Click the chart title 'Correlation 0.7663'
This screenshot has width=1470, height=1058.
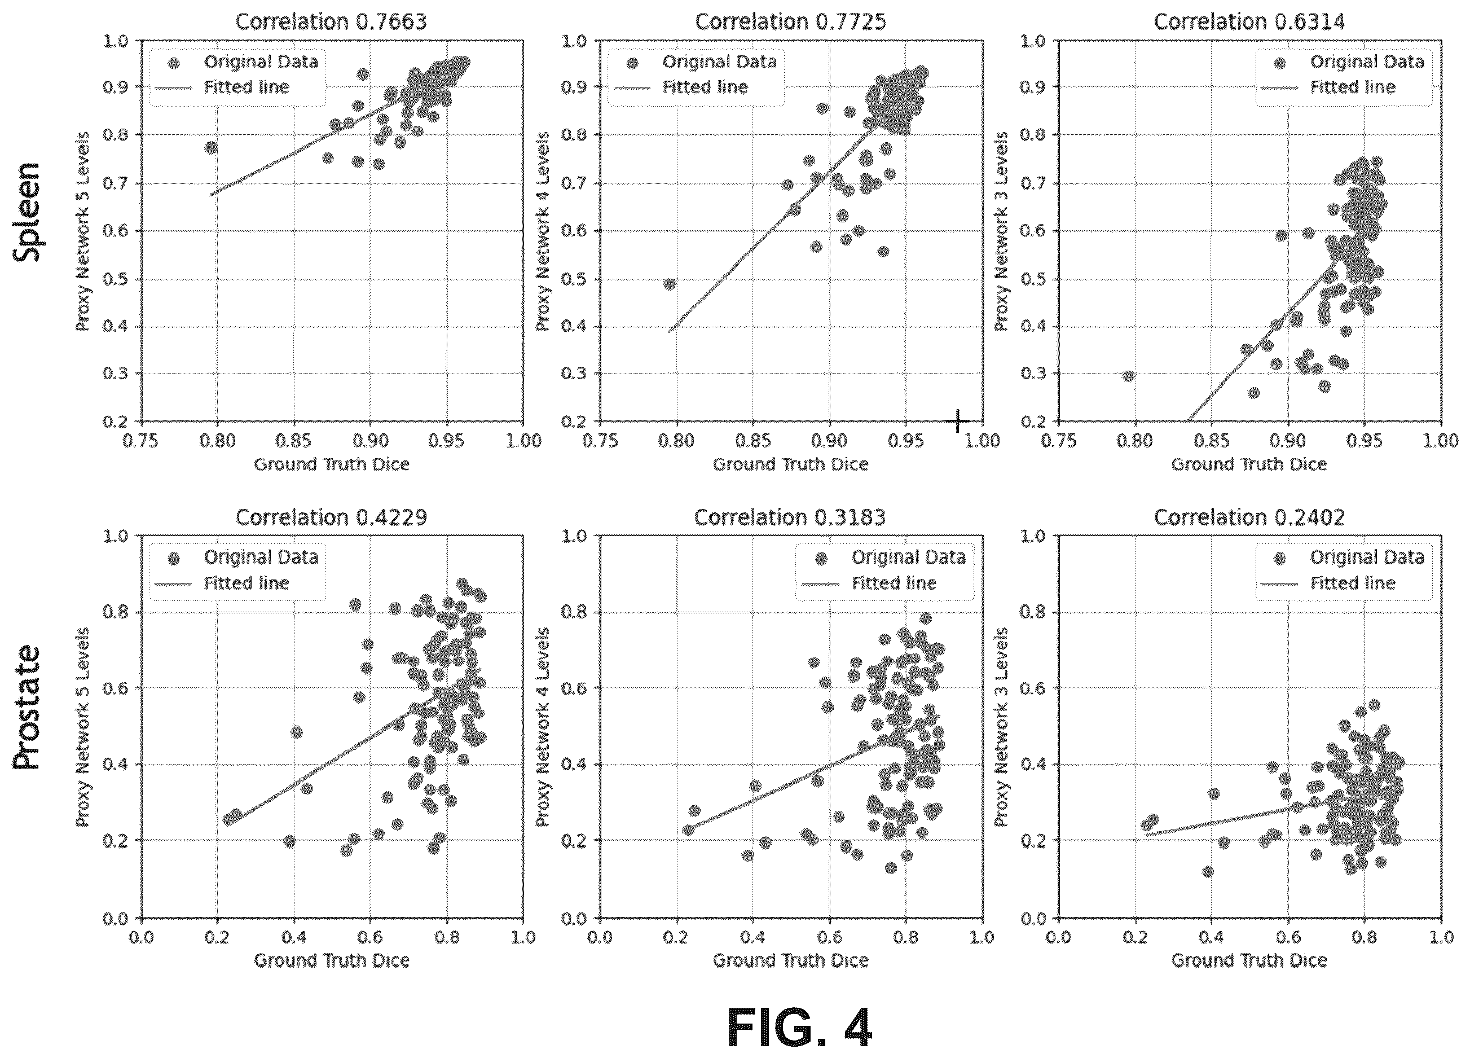[x=331, y=21]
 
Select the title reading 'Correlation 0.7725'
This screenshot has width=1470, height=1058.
[x=790, y=21]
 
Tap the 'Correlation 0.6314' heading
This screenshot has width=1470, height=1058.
[x=1249, y=21]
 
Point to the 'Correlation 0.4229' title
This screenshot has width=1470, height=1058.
[x=331, y=517]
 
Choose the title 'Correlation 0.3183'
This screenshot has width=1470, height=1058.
[x=790, y=517]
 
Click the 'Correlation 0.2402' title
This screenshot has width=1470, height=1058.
[x=1249, y=517]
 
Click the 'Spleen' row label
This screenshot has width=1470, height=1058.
[x=27, y=212]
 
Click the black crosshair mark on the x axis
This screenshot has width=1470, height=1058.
[x=958, y=422]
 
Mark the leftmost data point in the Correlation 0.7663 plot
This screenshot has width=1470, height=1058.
[x=210, y=147]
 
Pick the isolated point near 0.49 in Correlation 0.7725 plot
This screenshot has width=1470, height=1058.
[x=670, y=284]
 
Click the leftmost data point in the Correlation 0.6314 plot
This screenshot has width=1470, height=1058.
[x=1128, y=376]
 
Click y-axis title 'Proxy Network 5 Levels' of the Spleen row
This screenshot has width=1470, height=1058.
[x=82, y=231]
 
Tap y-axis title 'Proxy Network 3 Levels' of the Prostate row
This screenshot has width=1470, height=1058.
[x=1000, y=727]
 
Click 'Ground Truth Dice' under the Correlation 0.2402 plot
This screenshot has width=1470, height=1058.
[x=1249, y=960]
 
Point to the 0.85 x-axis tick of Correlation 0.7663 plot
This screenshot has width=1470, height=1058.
[x=294, y=441]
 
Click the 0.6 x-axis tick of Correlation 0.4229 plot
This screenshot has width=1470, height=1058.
[x=371, y=937]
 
